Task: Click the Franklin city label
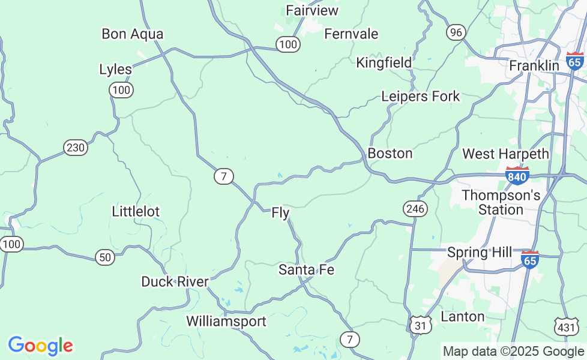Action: click(534, 65)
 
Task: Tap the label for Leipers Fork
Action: click(420, 96)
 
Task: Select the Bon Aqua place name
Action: click(132, 34)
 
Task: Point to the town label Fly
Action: click(280, 212)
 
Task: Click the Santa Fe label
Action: click(306, 270)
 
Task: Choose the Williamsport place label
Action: click(226, 321)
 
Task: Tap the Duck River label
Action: click(175, 281)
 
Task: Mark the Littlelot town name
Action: click(136, 211)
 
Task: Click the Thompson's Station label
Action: click(501, 202)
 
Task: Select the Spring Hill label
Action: click(480, 252)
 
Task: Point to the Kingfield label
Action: click(384, 62)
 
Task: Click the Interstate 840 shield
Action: click(517, 175)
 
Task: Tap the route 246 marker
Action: click(415, 208)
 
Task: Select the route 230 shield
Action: click(76, 148)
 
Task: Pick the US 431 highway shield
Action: click(566, 326)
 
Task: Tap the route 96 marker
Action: click(456, 32)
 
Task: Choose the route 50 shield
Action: click(105, 257)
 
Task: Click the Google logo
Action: click(40, 346)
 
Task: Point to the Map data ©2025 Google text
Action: click(513, 351)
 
